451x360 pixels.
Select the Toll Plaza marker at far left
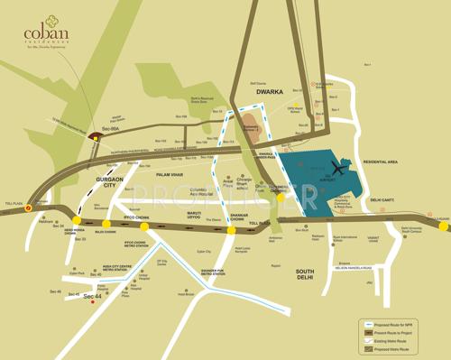tap(28, 207)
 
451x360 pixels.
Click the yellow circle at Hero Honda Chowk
tap(78, 220)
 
